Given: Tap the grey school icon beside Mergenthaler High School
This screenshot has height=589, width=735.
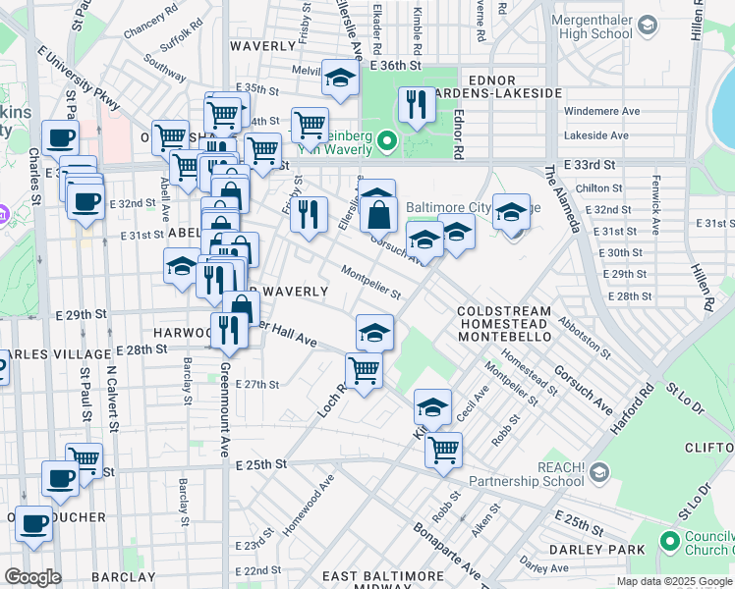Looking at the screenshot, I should (646, 24).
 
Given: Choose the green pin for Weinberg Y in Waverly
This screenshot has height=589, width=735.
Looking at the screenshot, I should (386, 143).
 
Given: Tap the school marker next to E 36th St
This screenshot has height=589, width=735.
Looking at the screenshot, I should (341, 80).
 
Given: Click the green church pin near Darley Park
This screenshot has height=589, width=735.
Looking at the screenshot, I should (670, 541).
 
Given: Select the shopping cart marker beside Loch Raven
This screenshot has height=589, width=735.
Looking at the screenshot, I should (364, 371).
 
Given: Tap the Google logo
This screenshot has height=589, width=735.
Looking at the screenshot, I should (32, 577).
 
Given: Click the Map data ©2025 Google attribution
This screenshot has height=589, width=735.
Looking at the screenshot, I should (674, 581).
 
